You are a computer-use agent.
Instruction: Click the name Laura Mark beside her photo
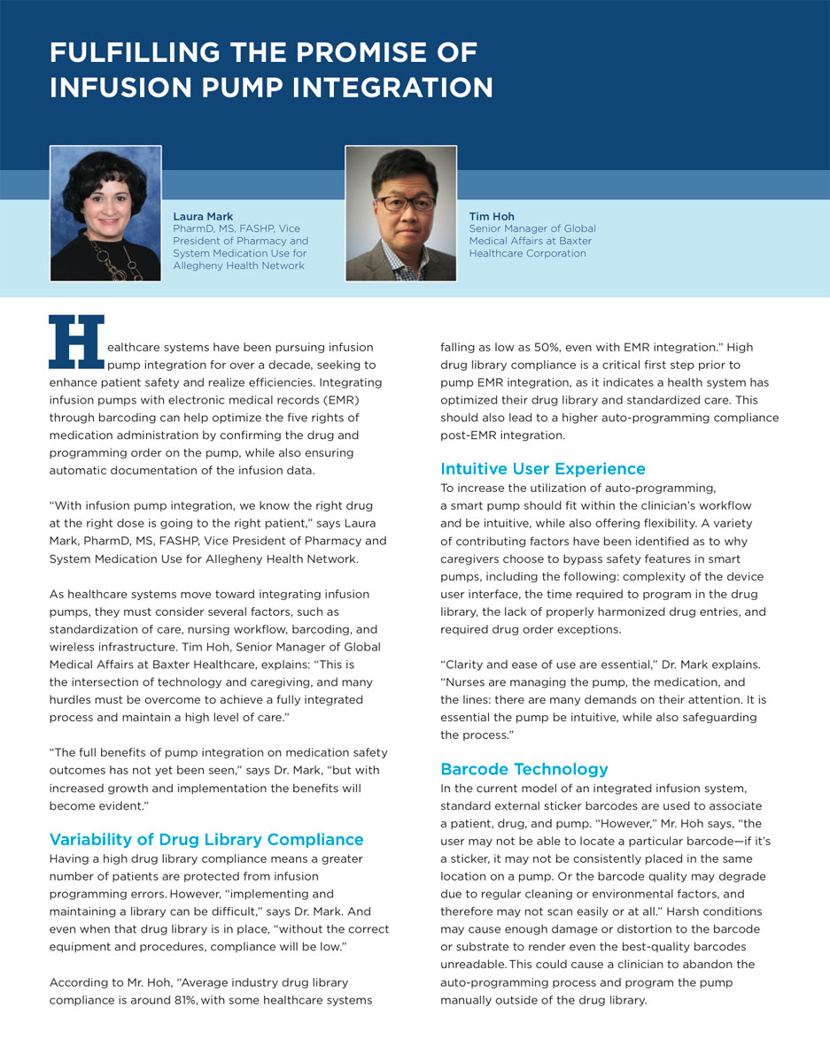[204, 217]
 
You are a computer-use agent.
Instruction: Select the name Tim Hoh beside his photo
[492, 217]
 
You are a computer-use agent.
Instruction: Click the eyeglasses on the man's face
[405, 204]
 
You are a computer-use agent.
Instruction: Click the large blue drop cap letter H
[76, 341]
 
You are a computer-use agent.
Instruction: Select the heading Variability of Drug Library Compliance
[206, 840]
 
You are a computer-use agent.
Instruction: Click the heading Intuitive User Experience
[543, 469]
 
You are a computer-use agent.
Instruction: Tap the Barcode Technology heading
[524, 769]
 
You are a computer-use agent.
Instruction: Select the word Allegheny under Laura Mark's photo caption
[200, 265]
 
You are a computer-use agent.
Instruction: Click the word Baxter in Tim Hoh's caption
[569, 241]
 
